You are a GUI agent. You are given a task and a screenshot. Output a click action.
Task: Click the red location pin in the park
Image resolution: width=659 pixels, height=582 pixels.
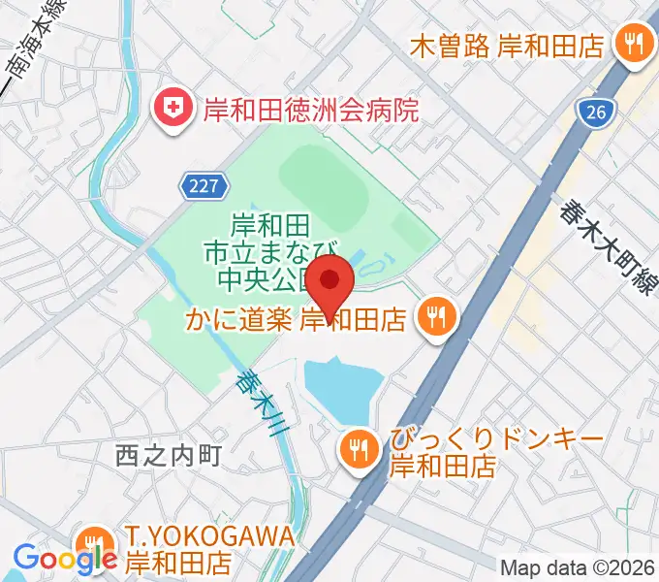[x=331, y=281]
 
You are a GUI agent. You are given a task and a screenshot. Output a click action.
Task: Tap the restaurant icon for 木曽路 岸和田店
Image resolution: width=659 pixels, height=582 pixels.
[x=634, y=44]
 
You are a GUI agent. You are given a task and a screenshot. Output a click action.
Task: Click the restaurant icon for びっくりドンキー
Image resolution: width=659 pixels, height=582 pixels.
[x=359, y=447]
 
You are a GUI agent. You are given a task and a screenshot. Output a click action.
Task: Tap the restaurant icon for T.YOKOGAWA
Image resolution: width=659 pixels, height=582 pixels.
[x=94, y=543]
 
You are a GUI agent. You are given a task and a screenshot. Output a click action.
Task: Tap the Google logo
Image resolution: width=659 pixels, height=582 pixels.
[x=64, y=558]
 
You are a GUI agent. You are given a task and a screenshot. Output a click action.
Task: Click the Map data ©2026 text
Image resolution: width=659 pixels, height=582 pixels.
[x=577, y=567]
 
